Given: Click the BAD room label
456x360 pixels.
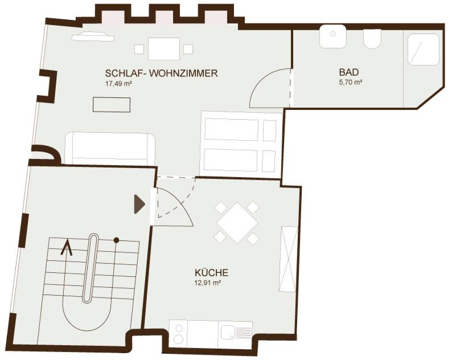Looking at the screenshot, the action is pos(348,72).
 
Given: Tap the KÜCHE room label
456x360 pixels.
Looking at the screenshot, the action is pos(211,273).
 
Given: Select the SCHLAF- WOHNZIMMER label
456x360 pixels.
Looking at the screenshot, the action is pos(162,73).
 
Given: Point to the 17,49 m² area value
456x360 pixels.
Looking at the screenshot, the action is pos(118,84).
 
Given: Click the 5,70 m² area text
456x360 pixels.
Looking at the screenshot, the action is pos(351,82).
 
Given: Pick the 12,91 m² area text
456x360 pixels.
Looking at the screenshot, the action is pos(208,282).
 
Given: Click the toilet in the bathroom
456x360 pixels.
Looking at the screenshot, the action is pos(372,39).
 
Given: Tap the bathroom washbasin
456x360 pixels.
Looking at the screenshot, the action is pos(333,36).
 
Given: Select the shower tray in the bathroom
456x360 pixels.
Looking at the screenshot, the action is pos(423,50).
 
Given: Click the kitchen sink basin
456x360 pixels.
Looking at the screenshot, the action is pos(228,332).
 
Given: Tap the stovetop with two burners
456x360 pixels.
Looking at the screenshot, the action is pos(179,334).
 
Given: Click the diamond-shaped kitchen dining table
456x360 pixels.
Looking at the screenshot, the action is pos(237,223).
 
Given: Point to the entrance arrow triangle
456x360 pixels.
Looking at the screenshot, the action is pos(139,204).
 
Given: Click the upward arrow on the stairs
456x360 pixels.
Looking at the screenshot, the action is pos(67,247).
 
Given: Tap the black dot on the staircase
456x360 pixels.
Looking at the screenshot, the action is pos(116,240).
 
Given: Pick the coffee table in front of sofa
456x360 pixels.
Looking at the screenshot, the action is pos(112,105).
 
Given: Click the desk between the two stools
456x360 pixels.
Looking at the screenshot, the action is pos(164,49).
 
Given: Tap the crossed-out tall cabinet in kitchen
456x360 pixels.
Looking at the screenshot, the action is pos(289,259).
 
